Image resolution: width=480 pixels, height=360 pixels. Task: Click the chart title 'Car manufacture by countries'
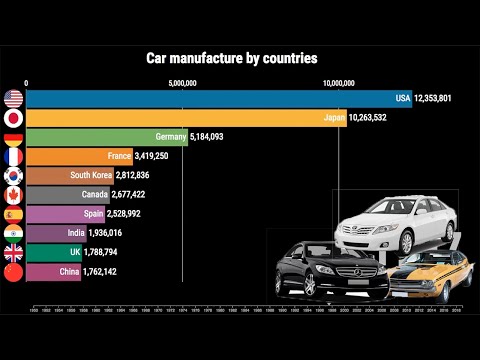232,58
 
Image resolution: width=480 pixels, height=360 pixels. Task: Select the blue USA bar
210,99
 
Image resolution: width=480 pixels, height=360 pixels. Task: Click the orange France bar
70,156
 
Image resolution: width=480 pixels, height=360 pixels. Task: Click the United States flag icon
14,99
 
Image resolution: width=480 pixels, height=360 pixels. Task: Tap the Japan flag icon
14,118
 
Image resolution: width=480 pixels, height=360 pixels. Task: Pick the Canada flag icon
14,194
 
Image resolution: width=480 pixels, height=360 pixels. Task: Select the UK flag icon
14,252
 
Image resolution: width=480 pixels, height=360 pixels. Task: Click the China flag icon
14,271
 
